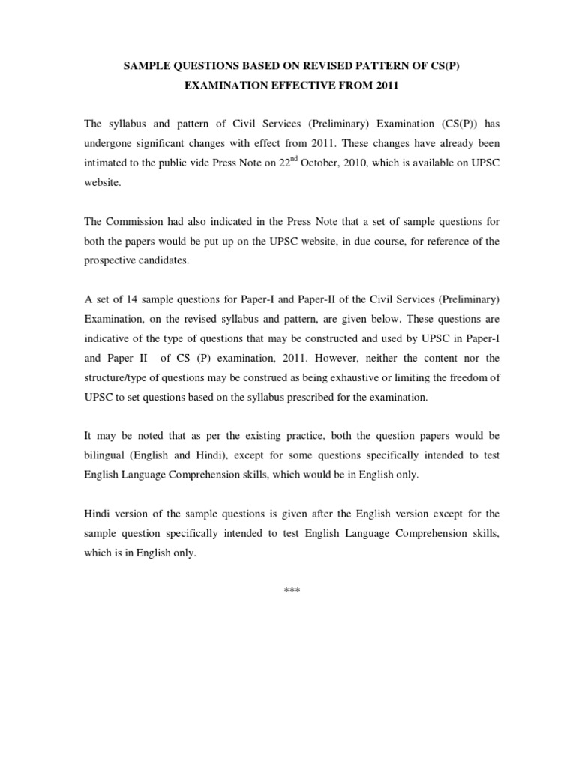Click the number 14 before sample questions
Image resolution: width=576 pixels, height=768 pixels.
(x=136, y=299)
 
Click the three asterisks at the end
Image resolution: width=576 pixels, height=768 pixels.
(x=292, y=590)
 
